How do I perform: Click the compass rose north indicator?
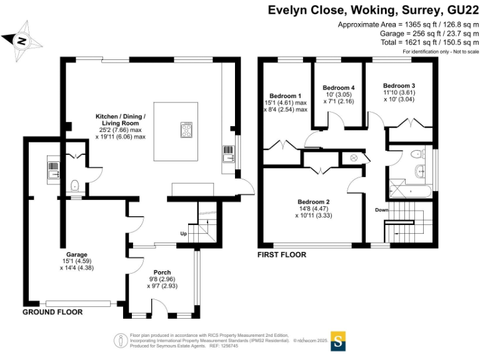pos(22,41)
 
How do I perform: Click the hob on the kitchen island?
pos(186,130)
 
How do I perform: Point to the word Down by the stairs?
pos(382,210)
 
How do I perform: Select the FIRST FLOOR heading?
pos(282,255)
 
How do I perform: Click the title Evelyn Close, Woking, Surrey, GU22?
pos(373,10)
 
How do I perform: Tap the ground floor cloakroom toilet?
pos(75,185)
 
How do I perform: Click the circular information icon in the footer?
pos(119,340)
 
